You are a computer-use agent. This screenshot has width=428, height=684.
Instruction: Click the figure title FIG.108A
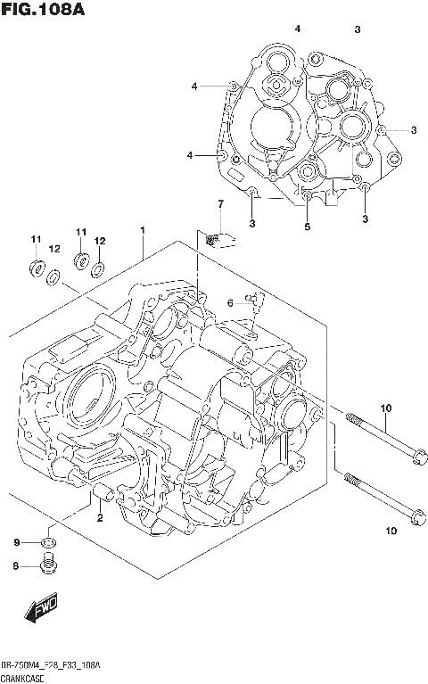44,11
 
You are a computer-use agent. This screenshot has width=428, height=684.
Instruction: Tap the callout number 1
143,231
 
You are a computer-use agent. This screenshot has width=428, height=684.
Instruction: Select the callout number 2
100,518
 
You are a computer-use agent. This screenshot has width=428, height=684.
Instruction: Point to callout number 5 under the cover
307,227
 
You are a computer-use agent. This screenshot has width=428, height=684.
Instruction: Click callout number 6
229,303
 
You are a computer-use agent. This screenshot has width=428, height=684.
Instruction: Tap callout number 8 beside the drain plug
16,565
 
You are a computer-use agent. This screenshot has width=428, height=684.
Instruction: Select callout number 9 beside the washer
16,543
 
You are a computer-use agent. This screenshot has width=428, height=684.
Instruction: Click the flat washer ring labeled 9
50,543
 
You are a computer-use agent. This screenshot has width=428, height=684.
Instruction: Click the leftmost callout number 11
36,239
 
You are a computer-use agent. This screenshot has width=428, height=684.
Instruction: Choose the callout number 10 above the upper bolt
386,409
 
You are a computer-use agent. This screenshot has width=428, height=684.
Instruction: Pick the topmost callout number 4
298,29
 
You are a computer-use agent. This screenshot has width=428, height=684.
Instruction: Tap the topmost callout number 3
357,30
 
